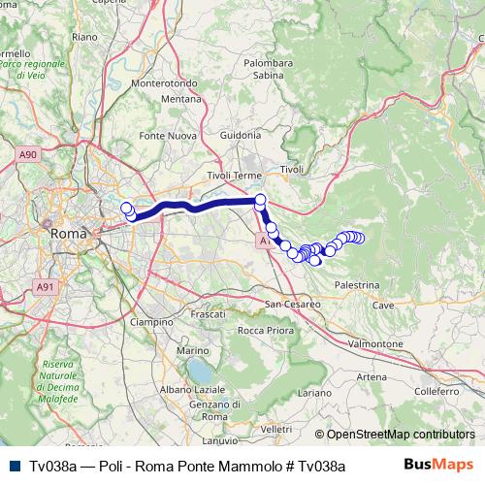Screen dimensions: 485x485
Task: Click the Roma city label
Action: point(67,233)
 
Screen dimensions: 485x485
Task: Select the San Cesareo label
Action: point(294,304)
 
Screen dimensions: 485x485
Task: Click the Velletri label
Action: point(276,428)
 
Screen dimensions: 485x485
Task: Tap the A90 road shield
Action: point(27,153)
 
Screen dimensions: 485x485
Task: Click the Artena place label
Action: point(343,375)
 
